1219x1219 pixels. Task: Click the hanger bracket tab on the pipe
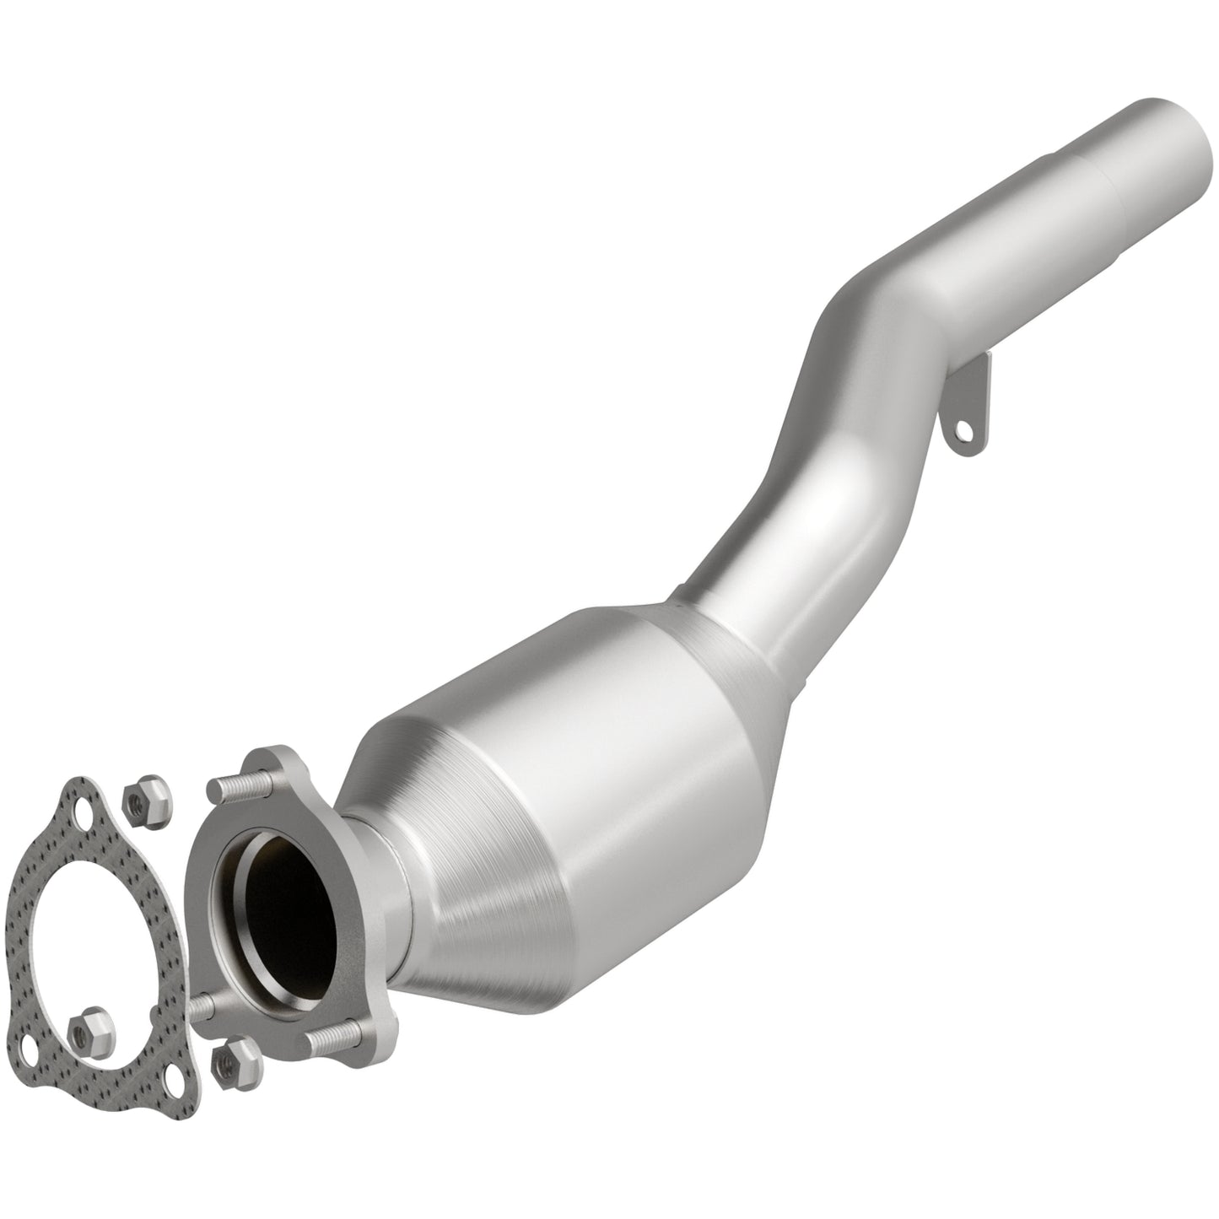(x=970, y=405)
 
